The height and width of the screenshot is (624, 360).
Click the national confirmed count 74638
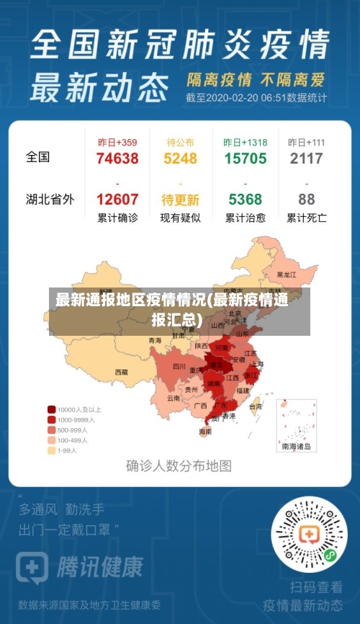pyautogui.click(x=117, y=159)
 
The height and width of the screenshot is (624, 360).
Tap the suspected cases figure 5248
pyautogui.click(x=180, y=159)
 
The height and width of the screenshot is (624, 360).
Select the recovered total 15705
pyautogui.click(x=245, y=159)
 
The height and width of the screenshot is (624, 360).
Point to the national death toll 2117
pyautogui.click(x=306, y=159)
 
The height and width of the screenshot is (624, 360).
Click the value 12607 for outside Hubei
pyautogui.click(x=117, y=200)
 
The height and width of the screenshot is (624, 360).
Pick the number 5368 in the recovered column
pyautogui.click(x=245, y=200)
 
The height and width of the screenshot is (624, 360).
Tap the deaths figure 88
pyautogui.click(x=306, y=200)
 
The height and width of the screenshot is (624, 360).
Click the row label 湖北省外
pyautogui.click(x=50, y=199)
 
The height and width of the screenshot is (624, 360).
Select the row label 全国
pyautogui.click(x=38, y=156)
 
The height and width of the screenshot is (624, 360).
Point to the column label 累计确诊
pyautogui.click(x=117, y=217)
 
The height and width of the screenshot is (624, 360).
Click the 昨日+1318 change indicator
pyautogui.click(x=245, y=142)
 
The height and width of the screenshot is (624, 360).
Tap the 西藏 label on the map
pyautogui.click(x=121, y=373)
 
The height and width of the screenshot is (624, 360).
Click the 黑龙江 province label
pyautogui.click(x=286, y=275)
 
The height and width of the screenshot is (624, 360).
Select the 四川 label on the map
pyautogui.click(x=179, y=366)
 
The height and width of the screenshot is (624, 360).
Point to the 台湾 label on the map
pyautogui.click(x=255, y=406)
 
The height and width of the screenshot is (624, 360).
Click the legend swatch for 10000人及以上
pyautogui.click(x=52, y=409)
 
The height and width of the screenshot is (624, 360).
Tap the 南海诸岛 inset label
pyautogui.click(x=296, y=447)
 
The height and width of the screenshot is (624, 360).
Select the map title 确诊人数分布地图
pyautogui.click(x=179, y=465)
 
